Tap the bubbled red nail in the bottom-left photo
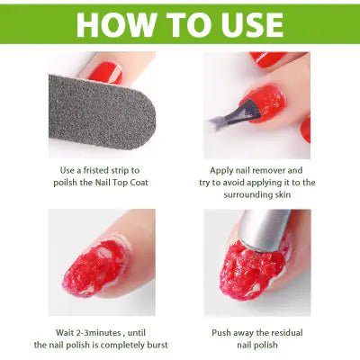pos(99,265)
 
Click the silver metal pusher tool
pos(266,230)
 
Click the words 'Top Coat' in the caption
pos(131,183)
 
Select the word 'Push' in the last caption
pos(222,331)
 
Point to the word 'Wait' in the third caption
pos(54,331)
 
